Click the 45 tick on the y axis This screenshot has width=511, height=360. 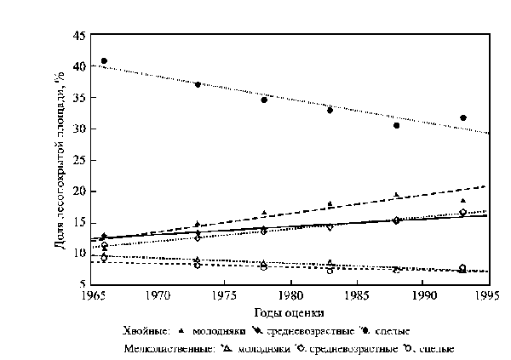78,36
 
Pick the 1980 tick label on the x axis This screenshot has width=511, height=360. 290,298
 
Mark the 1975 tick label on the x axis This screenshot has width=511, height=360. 223,298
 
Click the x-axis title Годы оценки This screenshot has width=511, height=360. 290,313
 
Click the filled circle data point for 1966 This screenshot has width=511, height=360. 104,61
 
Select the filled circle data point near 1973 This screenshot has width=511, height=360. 198,84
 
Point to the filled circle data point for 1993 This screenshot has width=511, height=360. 463,117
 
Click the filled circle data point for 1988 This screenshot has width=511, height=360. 397,125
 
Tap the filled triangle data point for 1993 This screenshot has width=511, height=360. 463,201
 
